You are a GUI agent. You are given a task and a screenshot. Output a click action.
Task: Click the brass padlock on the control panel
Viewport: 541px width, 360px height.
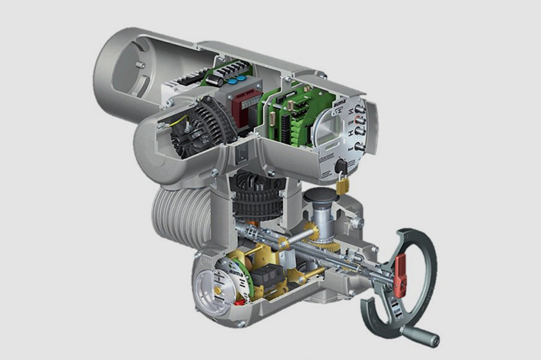[x=342, y=185]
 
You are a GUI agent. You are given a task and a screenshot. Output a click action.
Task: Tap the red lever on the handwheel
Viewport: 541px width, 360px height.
[x=400, y=274]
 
